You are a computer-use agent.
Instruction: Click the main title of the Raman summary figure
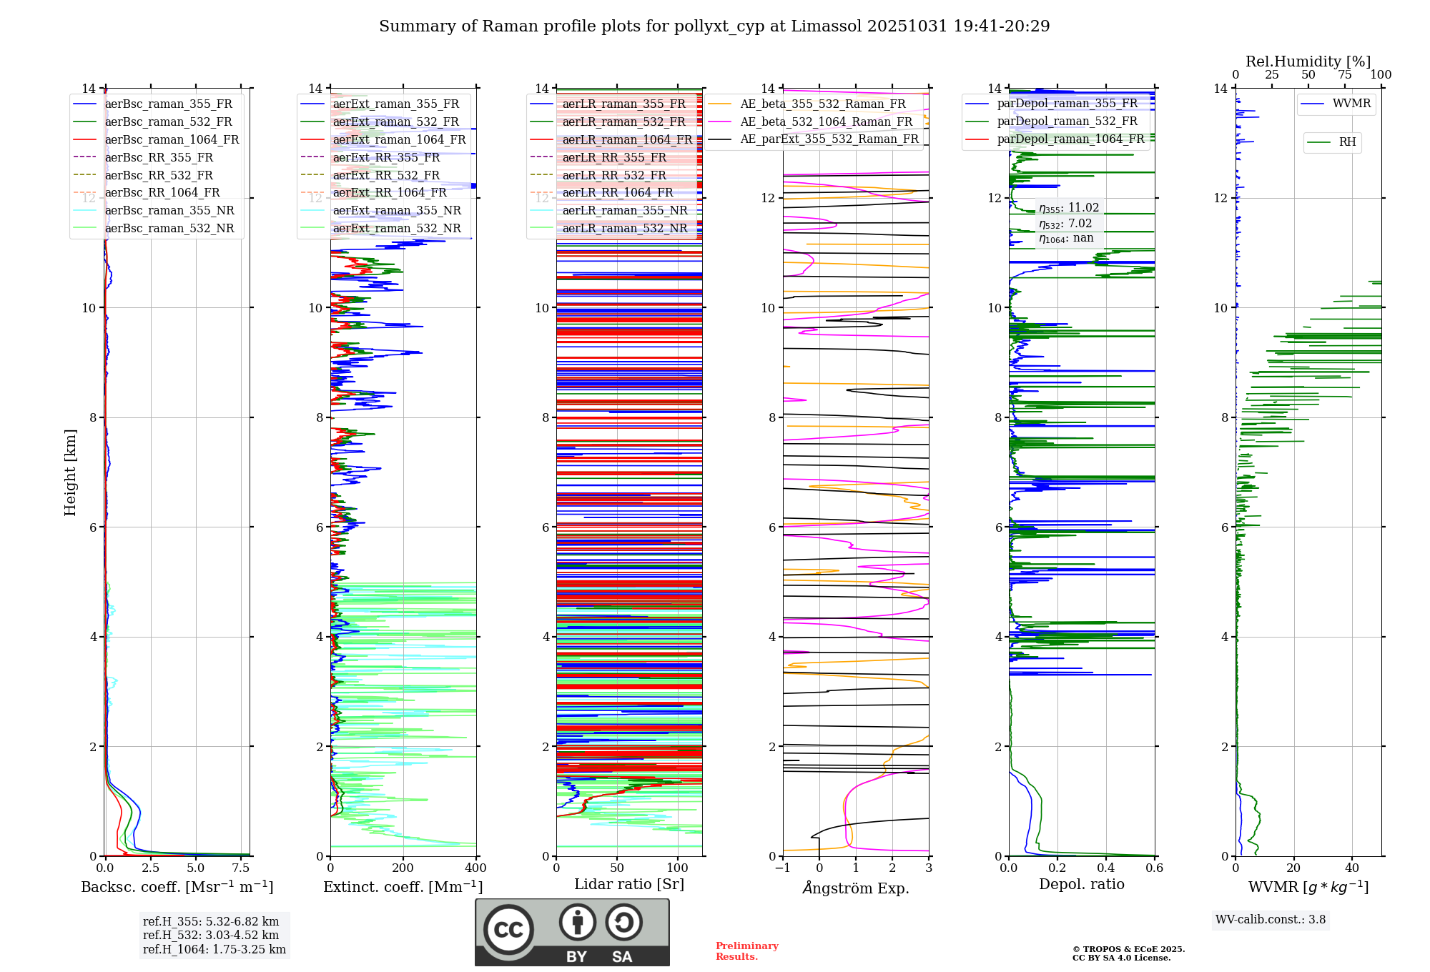click(x=714, y=26)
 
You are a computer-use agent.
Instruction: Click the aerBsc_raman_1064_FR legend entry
click(x=157, y=139)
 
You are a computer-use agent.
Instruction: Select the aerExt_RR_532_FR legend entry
click(x=370, y=175)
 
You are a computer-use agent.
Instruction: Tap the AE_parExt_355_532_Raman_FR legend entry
click(x=814, y=139)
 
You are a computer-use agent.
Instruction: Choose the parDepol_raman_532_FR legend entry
click(x=1052, y=121)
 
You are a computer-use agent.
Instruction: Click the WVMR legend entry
click(x=1336, y=104)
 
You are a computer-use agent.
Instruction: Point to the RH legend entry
click(x=1332, y=142)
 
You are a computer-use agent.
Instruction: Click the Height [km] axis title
click(x=70, y=472)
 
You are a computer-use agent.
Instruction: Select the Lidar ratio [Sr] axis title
click(x=629, y=884)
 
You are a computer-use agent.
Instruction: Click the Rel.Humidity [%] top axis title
click(x=1308, y=61)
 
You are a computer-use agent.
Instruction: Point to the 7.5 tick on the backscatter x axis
click(x=241, y=868)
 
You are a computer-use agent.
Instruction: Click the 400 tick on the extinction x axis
click(x=476, y=868)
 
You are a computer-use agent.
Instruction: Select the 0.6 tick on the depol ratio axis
click(x=1155, y=868)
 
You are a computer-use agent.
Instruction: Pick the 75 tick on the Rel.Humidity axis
click(x=1345, y=74)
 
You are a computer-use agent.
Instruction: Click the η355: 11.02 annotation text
click(x=1069, y=208)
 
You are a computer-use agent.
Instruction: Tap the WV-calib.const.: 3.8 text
click(x=1271, y=920)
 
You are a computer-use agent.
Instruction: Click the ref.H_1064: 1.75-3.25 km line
click(x=214, y=950)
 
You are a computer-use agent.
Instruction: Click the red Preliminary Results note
click(x=747, y=951)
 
